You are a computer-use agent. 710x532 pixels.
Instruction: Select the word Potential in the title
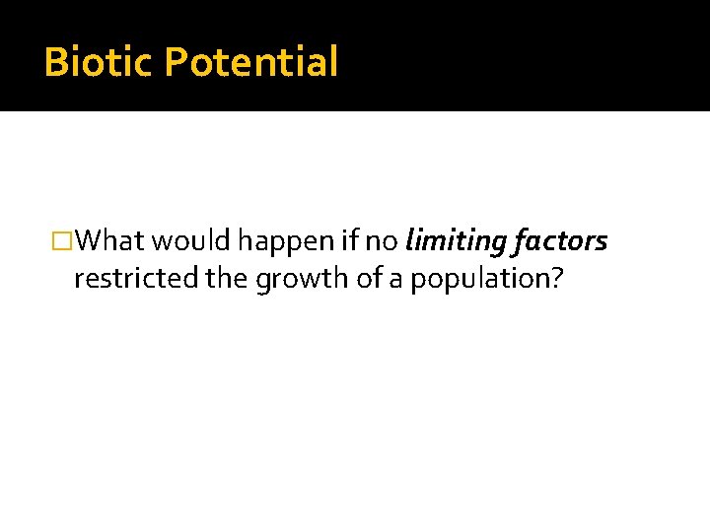pos(250,61)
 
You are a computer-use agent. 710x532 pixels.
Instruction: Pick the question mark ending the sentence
pos(558,279)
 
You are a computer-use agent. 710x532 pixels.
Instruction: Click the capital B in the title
pos(56,61)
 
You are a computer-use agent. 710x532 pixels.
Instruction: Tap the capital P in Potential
pos(175,61)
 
